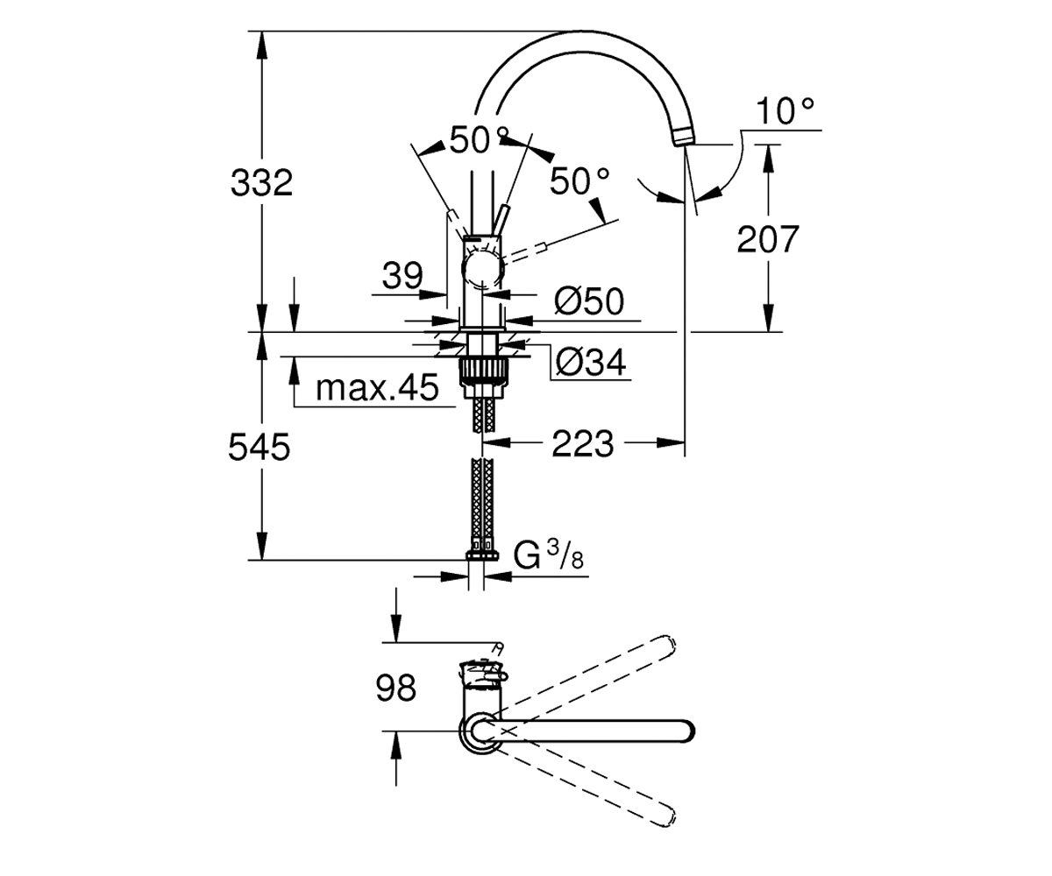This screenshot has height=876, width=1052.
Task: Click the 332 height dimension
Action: pyautogui.click(x=261, y=183)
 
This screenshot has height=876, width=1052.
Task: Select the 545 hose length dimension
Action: pyautogui.click(x=259, y=447)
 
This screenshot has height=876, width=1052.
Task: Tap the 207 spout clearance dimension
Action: pyautogui.click(x=768, y=239)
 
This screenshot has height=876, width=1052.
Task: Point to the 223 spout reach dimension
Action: pyautogui.click(x=583, y=444)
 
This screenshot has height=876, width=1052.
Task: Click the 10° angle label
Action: pyautogui.click(x=785, y=111)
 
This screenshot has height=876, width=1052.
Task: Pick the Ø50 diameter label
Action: pyautogui.click(x=589, y=301)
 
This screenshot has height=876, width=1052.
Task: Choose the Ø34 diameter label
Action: pyautogui.click(x=591, y=362)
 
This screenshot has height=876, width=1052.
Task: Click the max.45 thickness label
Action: pyautogui.click(x=377, y=388)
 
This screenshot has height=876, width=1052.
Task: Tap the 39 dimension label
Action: pyautogui.click(x=402, y=276)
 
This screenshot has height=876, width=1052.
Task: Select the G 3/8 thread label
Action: pyautogui.click(x=549, y=555)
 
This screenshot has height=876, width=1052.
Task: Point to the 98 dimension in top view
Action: pyautogui.click(x=396, y=689)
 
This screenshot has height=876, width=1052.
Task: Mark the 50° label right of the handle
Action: pyautogui.click(x=579, y=181)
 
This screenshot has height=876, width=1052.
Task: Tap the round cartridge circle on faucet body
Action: pyautogui.click(x=483, y=269)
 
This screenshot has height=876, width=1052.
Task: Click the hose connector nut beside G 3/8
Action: pyautogui.click(x=483, y=555)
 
